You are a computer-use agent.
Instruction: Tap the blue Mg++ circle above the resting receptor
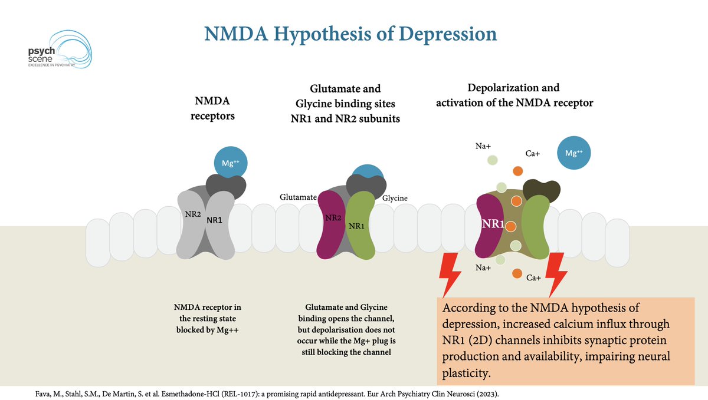coord(231,163)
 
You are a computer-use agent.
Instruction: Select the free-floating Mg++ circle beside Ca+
coord(573,153)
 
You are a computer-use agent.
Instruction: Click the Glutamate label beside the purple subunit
coord(298,197)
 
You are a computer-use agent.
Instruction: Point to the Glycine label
coord(395,198)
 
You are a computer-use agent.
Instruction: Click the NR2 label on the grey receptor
coord(193,214)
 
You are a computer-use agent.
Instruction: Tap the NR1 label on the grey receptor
coord(214,220)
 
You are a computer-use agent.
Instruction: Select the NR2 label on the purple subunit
coord(333,218)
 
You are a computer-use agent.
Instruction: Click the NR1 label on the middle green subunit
coord(356,226)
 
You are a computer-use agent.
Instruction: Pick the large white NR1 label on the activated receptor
coord(493,224)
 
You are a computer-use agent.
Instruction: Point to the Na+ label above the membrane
coord(483,146)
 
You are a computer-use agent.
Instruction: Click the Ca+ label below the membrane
coord(533,278)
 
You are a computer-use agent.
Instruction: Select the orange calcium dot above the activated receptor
coord(518,171)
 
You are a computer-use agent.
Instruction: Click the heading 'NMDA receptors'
coord(212,108)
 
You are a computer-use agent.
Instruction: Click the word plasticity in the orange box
coord(467,373)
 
